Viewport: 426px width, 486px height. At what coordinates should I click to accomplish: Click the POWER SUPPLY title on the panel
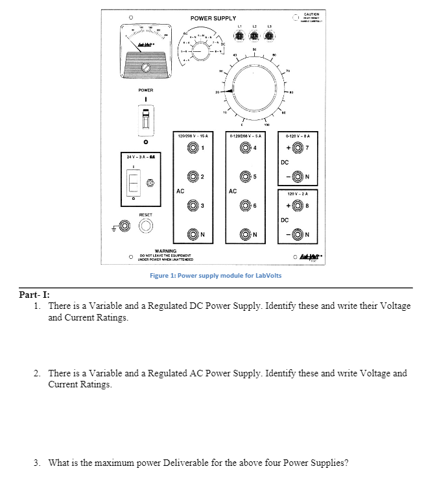point(213,18)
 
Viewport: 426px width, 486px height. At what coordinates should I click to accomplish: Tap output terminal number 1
point(193,148)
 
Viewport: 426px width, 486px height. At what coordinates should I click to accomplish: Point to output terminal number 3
point(193,207)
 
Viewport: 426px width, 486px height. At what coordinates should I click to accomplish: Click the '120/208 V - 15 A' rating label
point(193,135)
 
